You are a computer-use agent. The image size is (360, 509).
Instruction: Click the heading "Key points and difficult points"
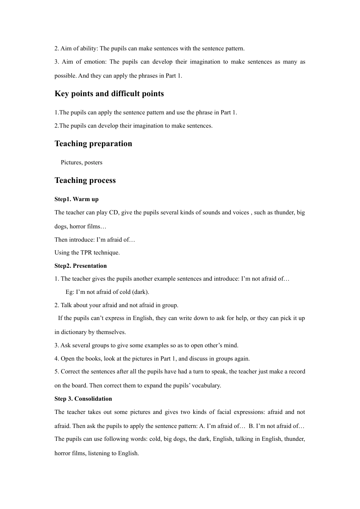click(109, 94)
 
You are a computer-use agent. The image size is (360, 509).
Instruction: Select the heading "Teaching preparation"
click(93, 144)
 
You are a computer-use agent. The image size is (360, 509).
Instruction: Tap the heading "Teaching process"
click(85, 180)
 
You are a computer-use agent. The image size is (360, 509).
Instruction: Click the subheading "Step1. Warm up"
click(76, 199)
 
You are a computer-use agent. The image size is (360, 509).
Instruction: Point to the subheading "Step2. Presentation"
click(80, 266)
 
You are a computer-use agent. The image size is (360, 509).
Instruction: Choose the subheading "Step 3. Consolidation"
click(83, 399)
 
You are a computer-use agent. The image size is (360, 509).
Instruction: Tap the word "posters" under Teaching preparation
click(93, 162)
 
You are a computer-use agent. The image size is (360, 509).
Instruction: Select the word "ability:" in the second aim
click(89, 48)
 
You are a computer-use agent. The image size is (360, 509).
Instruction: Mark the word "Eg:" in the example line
click(70, 292)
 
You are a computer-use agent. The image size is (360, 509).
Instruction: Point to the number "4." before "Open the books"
click(57, 359)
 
